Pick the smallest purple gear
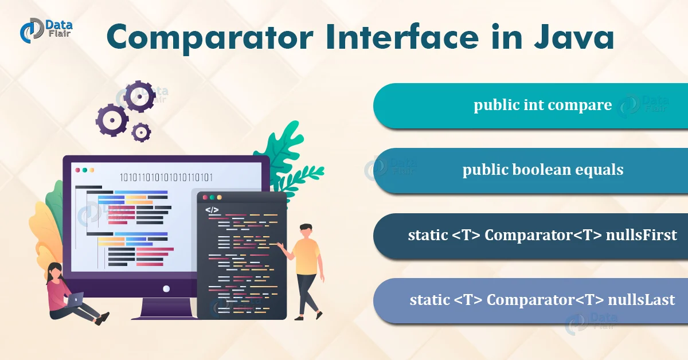point(141,132)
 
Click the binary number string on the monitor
point(166,177)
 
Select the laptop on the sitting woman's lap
point(75,299)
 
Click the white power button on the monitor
point(166,289)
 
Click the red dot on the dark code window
point(205,197)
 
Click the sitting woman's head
point(55,270)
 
